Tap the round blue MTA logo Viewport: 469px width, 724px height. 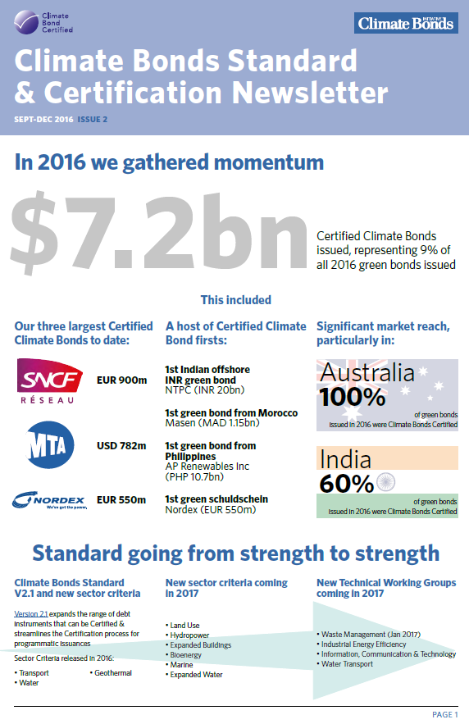click(x=50, y=444)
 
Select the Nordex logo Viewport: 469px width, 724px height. click(x=49, y=500)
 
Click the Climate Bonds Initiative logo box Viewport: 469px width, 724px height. click(x=406, y=23)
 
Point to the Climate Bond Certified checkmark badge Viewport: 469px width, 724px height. click(x=26, y=22)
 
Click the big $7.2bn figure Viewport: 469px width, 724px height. click(x=158, y=231)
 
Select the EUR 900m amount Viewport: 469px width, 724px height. click(x=122, y=380)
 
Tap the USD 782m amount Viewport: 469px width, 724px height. click(x=121, y=445)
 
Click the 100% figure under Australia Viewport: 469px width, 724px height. click(x=353, y=397)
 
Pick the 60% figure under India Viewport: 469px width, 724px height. click(x=346, y=484)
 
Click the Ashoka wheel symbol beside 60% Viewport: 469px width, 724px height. click(x=386, y=482)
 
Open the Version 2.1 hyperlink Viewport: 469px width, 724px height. click(x=31, y=614)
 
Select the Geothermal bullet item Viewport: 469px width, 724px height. click(x=111, y=672)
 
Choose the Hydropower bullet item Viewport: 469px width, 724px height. click(x=188, y=635)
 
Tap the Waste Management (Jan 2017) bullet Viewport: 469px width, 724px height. click(x=368, y=635)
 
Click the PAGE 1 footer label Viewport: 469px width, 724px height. click(x=445, y=714)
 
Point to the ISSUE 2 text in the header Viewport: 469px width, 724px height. click(x=93, y=119)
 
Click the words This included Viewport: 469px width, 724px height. click(x=236, y=299)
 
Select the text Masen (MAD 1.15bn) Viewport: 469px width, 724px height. click(x=212, y=423)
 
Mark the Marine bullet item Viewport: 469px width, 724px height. click(x=180, y=664)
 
